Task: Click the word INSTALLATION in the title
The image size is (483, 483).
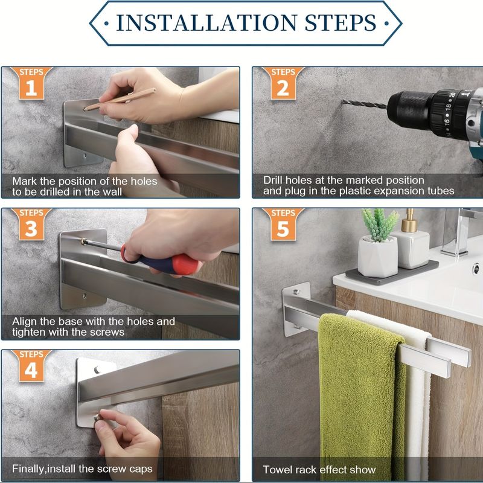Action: [x=206, y=23]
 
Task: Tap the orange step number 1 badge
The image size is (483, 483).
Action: [x=31, y=83]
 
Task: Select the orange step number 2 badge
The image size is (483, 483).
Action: [x=283, y=83]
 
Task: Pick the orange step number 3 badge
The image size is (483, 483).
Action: [x=31, y=224]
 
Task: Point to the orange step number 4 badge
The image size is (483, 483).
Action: [x=31, y=366]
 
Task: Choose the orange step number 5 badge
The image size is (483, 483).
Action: [x=283, y=224]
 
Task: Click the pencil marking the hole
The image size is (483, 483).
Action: [x=120, y=99]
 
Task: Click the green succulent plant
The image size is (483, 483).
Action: [x=380, y=224]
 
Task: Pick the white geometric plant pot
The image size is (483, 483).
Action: [x=378, y=257]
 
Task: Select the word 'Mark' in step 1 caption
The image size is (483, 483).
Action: [x=25, y=181]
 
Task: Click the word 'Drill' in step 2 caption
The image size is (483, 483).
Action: [x=273, y=180]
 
